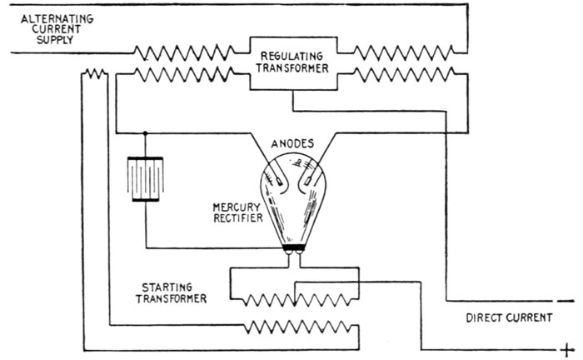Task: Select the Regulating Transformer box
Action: [293, 63]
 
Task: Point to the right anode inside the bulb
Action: [311, 174]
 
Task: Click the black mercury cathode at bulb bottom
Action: [292, 247]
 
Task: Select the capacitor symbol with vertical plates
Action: [146, 178]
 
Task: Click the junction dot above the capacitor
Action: [146, 132]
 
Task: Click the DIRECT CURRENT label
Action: [509, 317]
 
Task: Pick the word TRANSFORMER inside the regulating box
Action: [293, 70]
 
